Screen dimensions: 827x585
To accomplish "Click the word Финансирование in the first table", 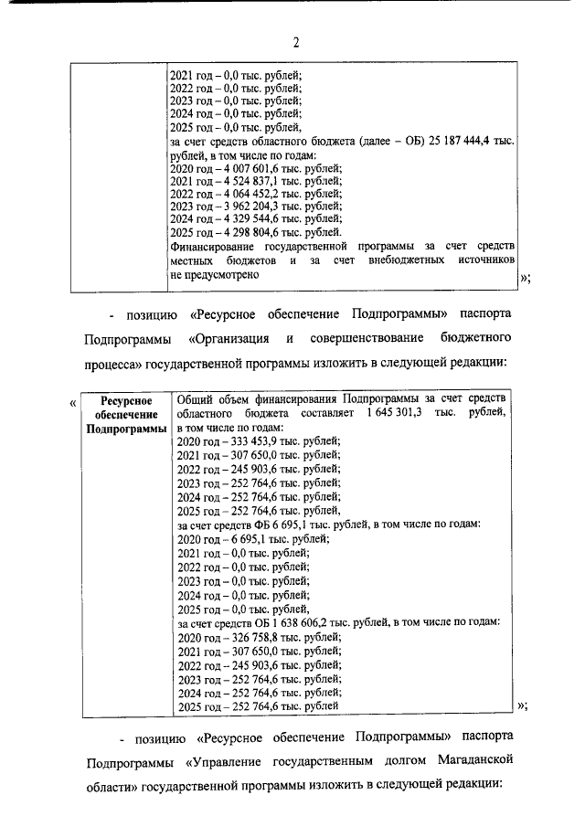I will pos(215,247).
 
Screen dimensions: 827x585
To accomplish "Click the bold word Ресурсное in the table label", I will pos(123,400).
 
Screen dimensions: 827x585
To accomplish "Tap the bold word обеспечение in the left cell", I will pos(123,414).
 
